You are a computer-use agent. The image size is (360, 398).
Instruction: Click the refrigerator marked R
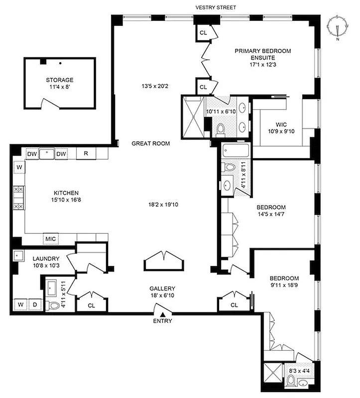(86, 154)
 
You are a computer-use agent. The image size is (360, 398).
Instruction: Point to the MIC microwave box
(51, 238)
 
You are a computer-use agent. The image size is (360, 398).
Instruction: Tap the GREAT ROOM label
(150, 143)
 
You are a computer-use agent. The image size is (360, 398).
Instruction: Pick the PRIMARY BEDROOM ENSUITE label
(262, 54)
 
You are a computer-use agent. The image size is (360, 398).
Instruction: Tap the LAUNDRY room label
(46, 259)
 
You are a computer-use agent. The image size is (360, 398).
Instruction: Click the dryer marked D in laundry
(35, 304)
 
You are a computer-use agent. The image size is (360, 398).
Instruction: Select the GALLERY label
(162, 289)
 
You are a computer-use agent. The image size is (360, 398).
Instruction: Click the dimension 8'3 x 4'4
(297, 371)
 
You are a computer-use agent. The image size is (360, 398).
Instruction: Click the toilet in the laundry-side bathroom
(53, 305)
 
